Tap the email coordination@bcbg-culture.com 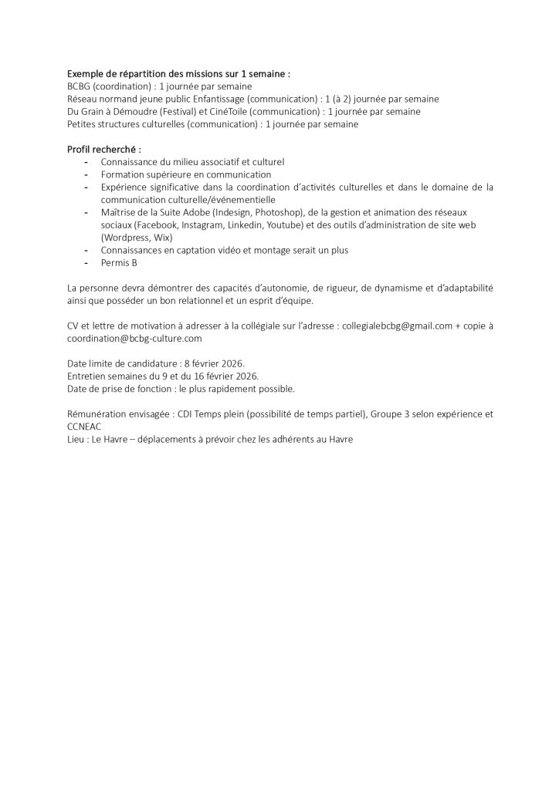click(x=135, y=338)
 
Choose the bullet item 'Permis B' click(x=119, y=263)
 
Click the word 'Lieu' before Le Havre click(x=77, y=439)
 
